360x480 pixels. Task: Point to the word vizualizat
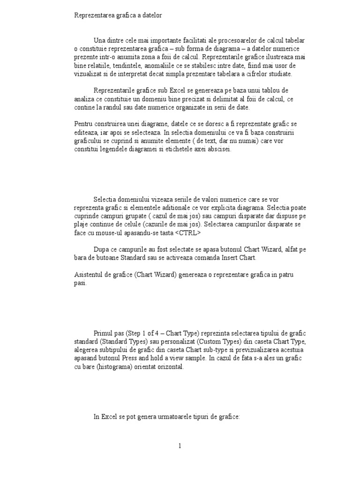[x=89, y=74]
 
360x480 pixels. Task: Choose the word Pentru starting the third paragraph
[x=84, y=124]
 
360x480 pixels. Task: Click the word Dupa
[x=102, y=249]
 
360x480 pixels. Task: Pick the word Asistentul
[x=90, y=275]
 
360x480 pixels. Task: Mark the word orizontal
[x=169, y=367]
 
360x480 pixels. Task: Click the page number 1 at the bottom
[x=180, y=446]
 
